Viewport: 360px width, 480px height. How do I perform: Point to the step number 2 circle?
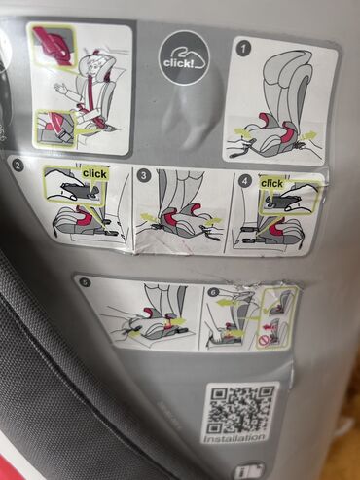click(18, 165)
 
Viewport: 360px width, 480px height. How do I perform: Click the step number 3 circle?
click(143, 175)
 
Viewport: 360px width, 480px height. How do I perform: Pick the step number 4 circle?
click(244, 179)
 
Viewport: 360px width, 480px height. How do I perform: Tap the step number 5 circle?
click(85, 283)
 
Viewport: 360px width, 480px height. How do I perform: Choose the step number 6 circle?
click(213, 292)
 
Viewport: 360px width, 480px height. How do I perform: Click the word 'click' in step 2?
click(94, 173)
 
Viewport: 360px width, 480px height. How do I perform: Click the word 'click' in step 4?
click(272, 183)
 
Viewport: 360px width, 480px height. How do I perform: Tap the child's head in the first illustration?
click(92, 65)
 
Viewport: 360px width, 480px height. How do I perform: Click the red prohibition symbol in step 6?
click(265, 341)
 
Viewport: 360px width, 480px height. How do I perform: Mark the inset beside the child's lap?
click(55, 128)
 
